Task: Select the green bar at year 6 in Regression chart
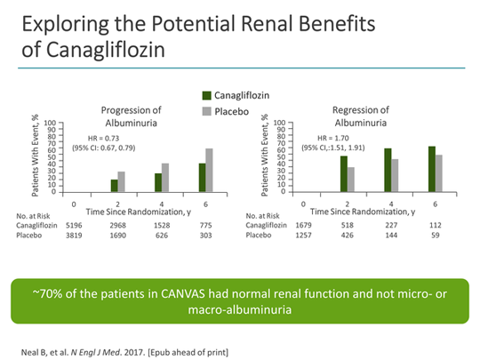tap(432, 169)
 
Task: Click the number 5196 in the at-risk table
tap(73, 226)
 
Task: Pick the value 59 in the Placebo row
tap(436, 236)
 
